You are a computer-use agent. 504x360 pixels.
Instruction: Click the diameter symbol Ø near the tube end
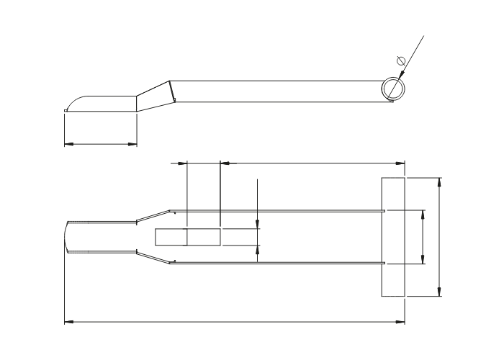401,60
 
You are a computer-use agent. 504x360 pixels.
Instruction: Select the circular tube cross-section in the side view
393,88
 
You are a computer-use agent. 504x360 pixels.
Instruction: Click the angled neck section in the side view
153,96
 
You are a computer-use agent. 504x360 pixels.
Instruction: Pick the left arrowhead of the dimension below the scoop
68,144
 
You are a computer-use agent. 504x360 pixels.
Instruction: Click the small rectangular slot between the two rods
188,237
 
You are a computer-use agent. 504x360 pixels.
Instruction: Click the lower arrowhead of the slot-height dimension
257,249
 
